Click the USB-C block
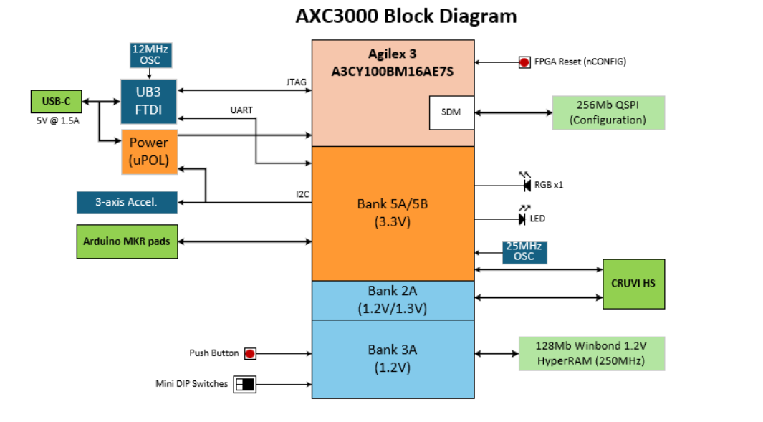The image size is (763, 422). [x=56, y=102]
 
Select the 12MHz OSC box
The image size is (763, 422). [x=150, y=55]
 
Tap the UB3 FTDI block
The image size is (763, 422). [x=148, y=101]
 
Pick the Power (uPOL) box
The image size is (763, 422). [x=149, y=152]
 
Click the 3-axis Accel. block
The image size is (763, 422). [x=127, y=203]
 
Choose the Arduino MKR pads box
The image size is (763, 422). [x=127, y=241]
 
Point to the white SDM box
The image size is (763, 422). [x=451, y=112]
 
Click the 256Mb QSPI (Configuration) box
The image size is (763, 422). [x=608, y=112]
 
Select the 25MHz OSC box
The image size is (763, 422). [x=524, y=252]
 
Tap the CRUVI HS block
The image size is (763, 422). [x=633, y=284]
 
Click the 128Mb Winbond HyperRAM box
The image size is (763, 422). [x=591, y=353]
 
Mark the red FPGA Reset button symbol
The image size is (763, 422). [x=524, y=62]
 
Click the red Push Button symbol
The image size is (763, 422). [x=250, y=353]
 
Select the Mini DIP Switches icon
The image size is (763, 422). [x=244, y=385]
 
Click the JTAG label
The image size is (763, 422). [x=297, y=82]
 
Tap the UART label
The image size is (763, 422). [x=241, y=110]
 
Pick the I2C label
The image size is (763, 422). [x=302, y=194]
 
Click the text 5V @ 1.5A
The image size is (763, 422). [x=57, y=120]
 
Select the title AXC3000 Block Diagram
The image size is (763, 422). [x=406, y=16]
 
